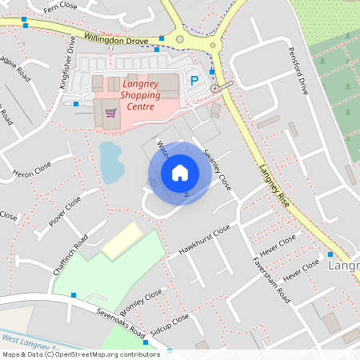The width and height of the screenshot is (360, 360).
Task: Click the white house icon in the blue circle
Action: coord(180,172)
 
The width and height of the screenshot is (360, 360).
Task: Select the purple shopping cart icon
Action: coord(110,113)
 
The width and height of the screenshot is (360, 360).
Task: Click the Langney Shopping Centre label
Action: coord(140,94)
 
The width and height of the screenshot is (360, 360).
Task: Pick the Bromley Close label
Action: coord(140,302)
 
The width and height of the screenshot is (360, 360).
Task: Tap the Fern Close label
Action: coord(60,7)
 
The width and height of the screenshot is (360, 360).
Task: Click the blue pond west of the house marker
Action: coord(111,162)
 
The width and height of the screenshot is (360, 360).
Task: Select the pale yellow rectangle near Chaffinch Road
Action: coord(122,241)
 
